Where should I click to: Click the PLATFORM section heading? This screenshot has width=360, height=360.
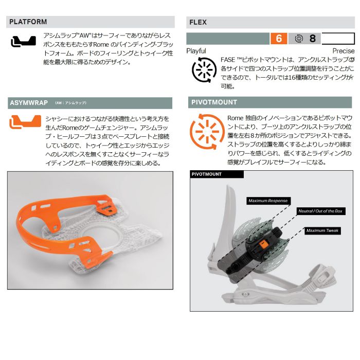[x=28, y=22]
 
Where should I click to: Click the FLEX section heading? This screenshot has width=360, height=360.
[x=198, y=22]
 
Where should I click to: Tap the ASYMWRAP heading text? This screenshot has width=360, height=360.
[x=29, y=103]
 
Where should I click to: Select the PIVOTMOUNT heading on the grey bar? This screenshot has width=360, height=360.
[x=214, y=102]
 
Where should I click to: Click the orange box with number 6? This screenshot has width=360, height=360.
[x=279, y=39]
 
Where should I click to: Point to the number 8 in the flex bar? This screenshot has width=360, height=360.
[x=312, y=39]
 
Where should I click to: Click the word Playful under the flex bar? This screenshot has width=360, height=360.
[x=196, y=51]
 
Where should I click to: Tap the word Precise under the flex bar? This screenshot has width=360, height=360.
[x=344, y=51]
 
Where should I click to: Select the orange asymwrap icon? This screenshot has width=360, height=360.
[x=25, y=122]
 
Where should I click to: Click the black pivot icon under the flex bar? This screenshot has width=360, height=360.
[x=204, y=70]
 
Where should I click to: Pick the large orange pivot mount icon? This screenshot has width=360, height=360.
[x=207, y=132]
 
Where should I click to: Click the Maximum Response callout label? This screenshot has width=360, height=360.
[x=268, y=201]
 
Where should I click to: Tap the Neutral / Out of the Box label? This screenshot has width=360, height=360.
[x=320, y=211]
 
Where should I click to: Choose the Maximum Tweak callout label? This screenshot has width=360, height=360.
[x=322, y=230]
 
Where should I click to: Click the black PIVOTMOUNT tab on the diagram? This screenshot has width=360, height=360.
[x=217, y=174]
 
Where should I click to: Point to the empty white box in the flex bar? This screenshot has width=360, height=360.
[x=338, y=39]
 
